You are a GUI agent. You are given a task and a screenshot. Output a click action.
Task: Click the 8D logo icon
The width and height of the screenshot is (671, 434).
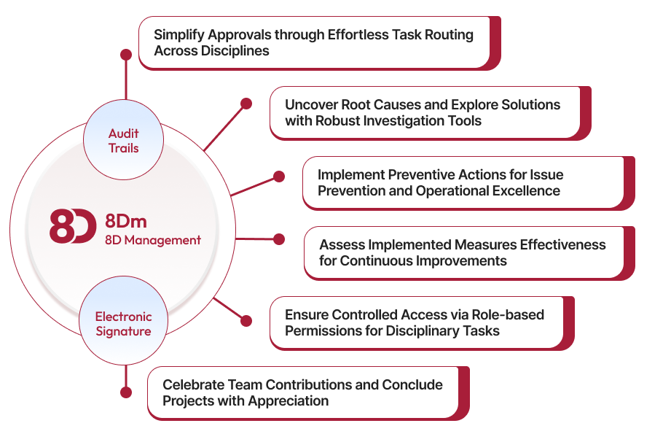tap(72, 227)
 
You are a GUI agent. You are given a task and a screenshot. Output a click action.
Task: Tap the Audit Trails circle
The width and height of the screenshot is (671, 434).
tap(123, 141)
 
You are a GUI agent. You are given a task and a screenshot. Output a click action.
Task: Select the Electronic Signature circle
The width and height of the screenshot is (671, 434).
tap(123, 324)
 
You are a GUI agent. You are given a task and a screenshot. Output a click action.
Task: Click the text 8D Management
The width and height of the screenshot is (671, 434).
tap(152, 240)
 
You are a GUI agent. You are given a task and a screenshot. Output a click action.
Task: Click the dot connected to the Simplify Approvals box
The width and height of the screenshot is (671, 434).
tap(126, 55)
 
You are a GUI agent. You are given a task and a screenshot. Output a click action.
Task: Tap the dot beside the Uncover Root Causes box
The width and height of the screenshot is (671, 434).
tap(246, 104)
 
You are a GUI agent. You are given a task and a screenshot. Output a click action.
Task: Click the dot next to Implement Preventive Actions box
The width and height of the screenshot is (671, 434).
tap(279, 177)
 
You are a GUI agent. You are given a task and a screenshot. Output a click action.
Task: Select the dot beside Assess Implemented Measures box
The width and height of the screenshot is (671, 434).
tap(279, 239)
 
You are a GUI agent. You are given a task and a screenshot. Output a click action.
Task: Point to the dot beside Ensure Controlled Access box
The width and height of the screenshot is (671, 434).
tap(246, 320)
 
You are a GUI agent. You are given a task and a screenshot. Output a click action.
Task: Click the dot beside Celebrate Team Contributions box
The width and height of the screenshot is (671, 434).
tap(126, 392)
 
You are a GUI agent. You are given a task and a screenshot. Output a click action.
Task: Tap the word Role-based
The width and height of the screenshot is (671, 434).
tap(506, 314)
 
